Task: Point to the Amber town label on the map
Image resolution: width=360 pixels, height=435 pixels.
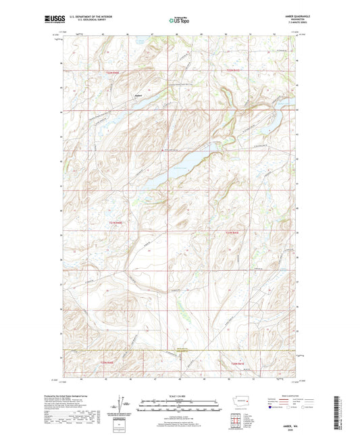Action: point(138,95)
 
